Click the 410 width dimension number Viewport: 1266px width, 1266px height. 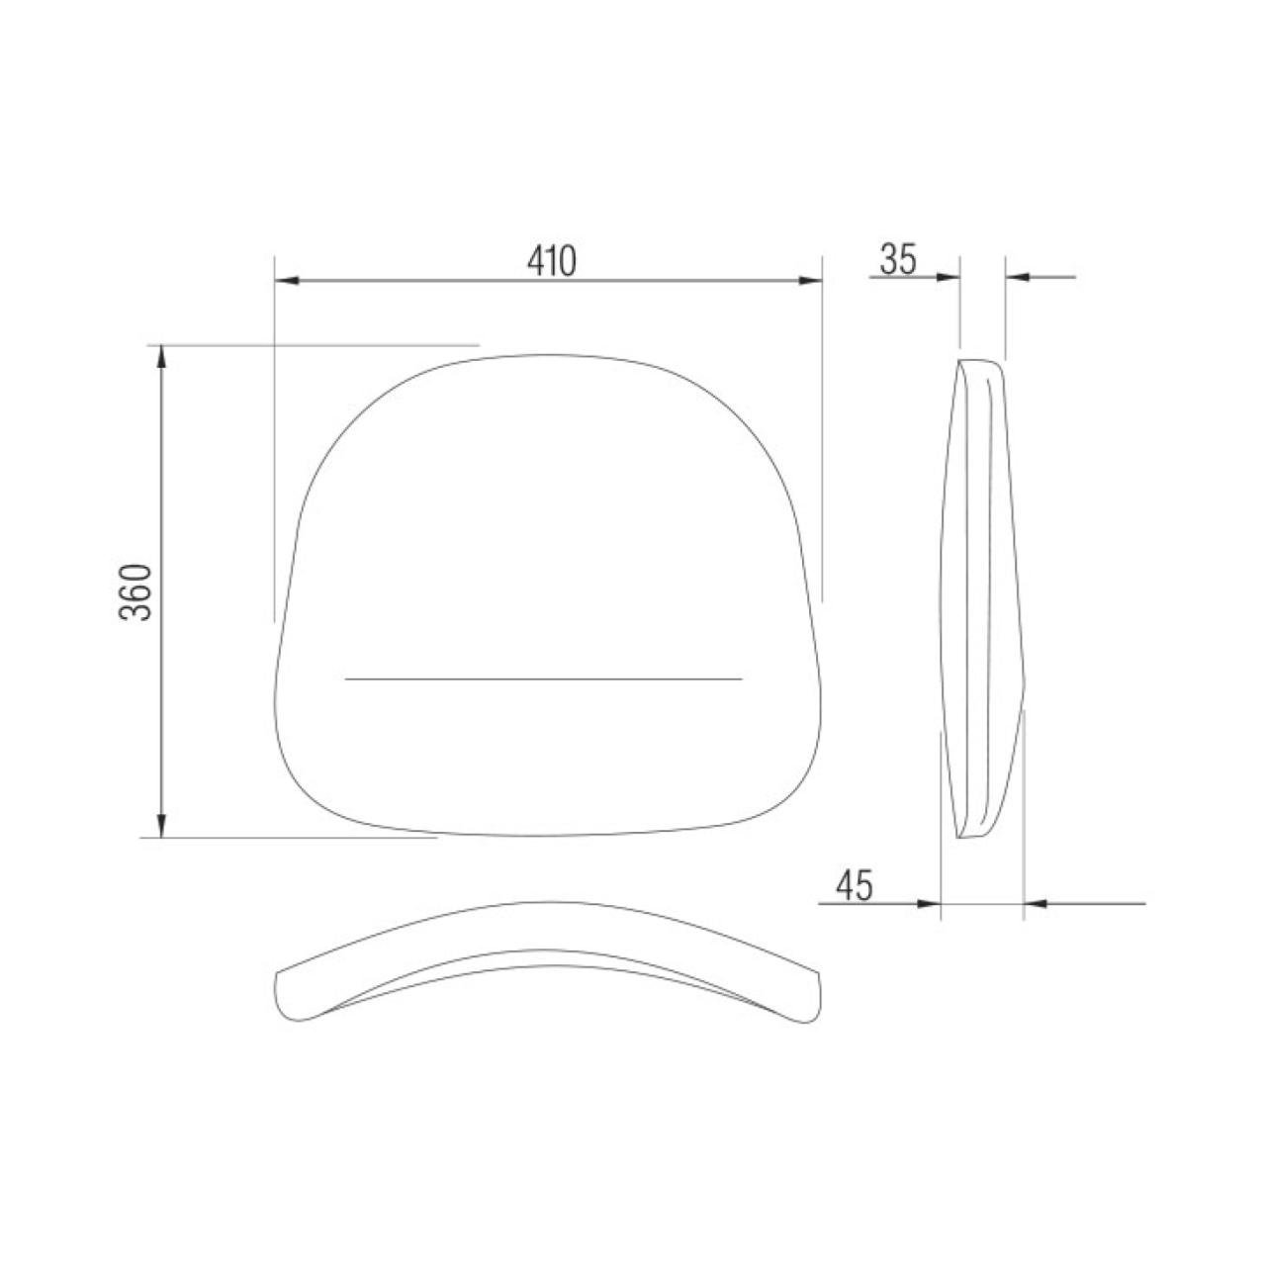click(x=551, y=261)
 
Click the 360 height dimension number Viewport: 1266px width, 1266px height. click(x=136, y=591)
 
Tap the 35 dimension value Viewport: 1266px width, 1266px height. click(x=897, y=259)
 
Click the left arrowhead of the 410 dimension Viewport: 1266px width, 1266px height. click(x=287, y=281)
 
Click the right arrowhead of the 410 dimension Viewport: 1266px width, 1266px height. click(x=810, y=281)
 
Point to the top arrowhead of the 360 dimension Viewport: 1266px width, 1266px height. click(x=162, y=357)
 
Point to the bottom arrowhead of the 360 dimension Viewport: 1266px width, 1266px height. click(x=162, y=825)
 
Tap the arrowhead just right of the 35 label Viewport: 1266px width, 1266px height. click(x=949, y=277)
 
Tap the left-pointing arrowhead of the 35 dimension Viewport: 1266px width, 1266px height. click(x=1018, y=277)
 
